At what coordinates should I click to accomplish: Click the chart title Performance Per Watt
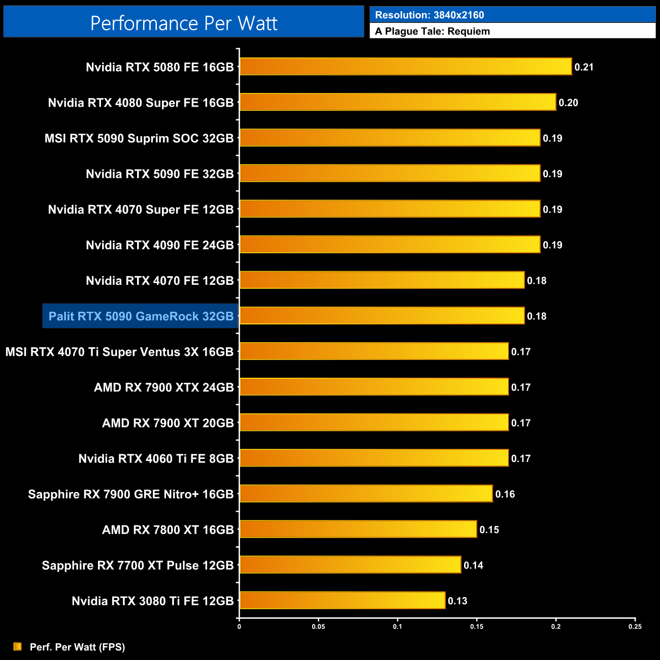(x=184, y=23)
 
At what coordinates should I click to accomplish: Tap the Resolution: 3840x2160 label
(x=430, y=15)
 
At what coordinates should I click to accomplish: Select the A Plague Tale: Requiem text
(x=433, y=31)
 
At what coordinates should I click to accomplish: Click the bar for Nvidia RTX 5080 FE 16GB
(x=406, y=67)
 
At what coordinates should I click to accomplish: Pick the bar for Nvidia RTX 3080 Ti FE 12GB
(x=342, y=601)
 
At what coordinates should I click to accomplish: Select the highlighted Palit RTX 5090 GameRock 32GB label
(x=141, y=316)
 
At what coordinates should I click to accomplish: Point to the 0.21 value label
(x=584, y=67)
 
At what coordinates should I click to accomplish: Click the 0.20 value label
(x=568, y=103)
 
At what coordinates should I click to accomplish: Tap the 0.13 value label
(x=457, y=601)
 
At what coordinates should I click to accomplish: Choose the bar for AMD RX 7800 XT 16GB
(x=358, y=529)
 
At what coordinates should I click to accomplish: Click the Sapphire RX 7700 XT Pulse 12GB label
(x=138, y=566)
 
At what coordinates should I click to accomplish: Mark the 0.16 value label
(x=505, y=494)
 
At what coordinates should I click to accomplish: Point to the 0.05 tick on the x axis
(x=318, y=626)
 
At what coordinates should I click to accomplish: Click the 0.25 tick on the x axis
(x=635, y=626)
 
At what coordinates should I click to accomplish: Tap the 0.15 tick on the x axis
(x=477, y=626)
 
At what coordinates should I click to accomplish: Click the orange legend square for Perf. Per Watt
(x=17, y=646)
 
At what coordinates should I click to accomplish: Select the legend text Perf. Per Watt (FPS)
(x=77, y=647)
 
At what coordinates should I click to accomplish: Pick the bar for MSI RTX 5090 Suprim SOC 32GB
(x=390, y=138)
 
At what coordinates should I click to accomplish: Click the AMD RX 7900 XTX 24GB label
(x=163, y=388)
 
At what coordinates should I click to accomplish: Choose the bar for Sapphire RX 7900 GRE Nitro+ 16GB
(x=366, y=493)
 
